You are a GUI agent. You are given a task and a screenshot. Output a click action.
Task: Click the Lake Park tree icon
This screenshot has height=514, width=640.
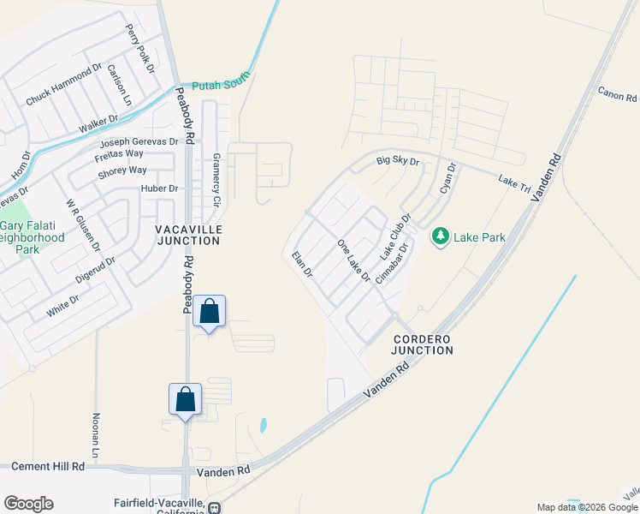tap(441, 236)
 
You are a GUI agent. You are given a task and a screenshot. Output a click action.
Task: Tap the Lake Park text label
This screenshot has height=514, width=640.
tap(479, 237)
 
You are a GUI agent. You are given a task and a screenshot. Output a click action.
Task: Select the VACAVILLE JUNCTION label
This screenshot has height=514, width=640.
tap(188, 236)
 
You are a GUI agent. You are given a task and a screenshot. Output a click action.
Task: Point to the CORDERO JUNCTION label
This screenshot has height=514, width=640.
tap(422, 345)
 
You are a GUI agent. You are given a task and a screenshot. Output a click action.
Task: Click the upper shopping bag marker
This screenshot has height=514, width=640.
tap(210, 313)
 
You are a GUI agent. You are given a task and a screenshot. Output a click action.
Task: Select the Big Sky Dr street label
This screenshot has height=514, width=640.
tap(398, 160)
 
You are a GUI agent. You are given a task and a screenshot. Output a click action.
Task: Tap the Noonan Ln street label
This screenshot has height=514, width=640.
tap(96, 432)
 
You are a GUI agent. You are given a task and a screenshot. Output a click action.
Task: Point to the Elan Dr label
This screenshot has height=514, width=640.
tap(302, 265)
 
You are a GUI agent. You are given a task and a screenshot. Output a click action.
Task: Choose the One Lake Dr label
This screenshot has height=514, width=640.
tap(353, 261)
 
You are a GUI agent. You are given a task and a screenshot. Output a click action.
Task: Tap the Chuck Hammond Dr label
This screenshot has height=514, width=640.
tap(63, 85)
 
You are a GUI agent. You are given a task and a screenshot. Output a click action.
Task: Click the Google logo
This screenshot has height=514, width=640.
tap(28, 504)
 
